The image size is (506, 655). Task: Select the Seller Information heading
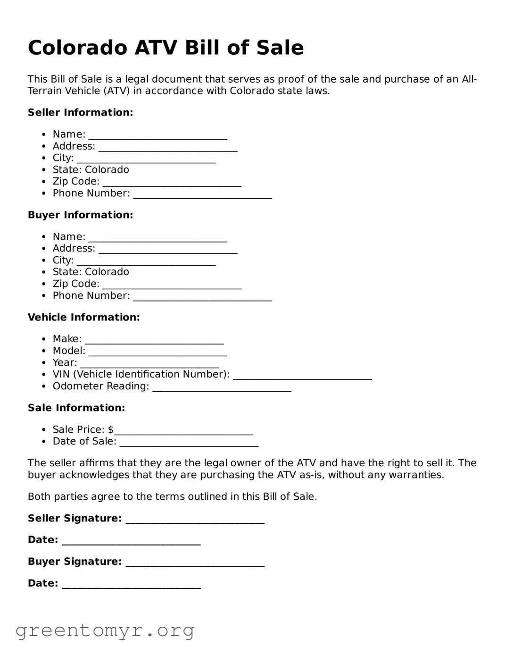click(80, 112)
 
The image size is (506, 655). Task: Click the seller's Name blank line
click(158, 137)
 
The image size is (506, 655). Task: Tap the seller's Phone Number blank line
click(202, 196)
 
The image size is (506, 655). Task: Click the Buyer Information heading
click(80, 215)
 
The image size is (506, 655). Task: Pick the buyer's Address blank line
click(167, 252)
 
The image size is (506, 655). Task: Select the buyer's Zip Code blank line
click(172, 287)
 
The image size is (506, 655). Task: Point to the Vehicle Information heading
click(83, 317)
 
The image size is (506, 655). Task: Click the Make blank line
click(154, 342)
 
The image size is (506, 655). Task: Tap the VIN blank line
click(302, 378)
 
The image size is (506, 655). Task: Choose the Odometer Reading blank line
click(222, 389)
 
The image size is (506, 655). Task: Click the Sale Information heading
click(76, 408)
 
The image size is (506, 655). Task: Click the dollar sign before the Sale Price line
click(111, 429)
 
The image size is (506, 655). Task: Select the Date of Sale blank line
click(189, 444)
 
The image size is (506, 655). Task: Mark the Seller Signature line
click(195, 521)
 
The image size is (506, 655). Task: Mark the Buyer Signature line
click(195, 564)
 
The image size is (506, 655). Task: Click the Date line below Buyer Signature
click(131, 586)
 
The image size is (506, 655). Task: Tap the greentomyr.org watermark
click(105, 630)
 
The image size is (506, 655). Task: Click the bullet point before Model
click(43, 351)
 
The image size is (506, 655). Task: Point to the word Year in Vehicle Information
click(65, 362)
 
